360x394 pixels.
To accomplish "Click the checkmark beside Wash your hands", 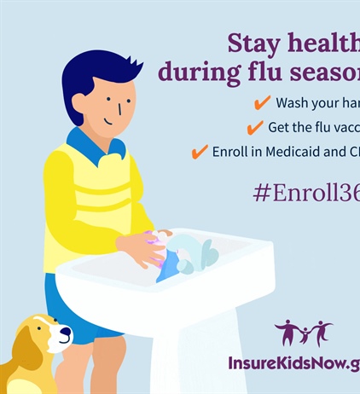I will point(263,102).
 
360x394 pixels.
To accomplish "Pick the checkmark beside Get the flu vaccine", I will point(254,128).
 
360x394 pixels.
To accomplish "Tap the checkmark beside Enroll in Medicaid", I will point(199,153).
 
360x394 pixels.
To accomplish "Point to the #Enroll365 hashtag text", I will point(305,191).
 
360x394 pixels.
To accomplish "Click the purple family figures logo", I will point(303,333).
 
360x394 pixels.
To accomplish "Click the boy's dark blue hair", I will point(99,72).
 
